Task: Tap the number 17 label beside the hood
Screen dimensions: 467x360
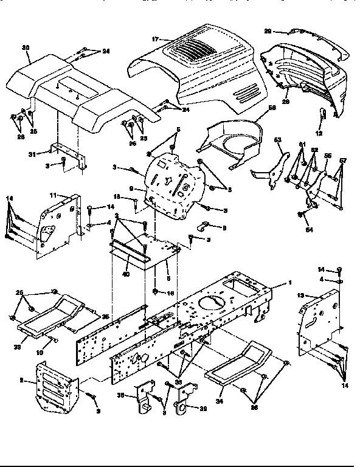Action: point(156,39)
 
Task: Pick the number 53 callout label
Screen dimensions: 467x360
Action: point(279,140)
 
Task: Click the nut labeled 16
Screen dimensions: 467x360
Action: point(155,292)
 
